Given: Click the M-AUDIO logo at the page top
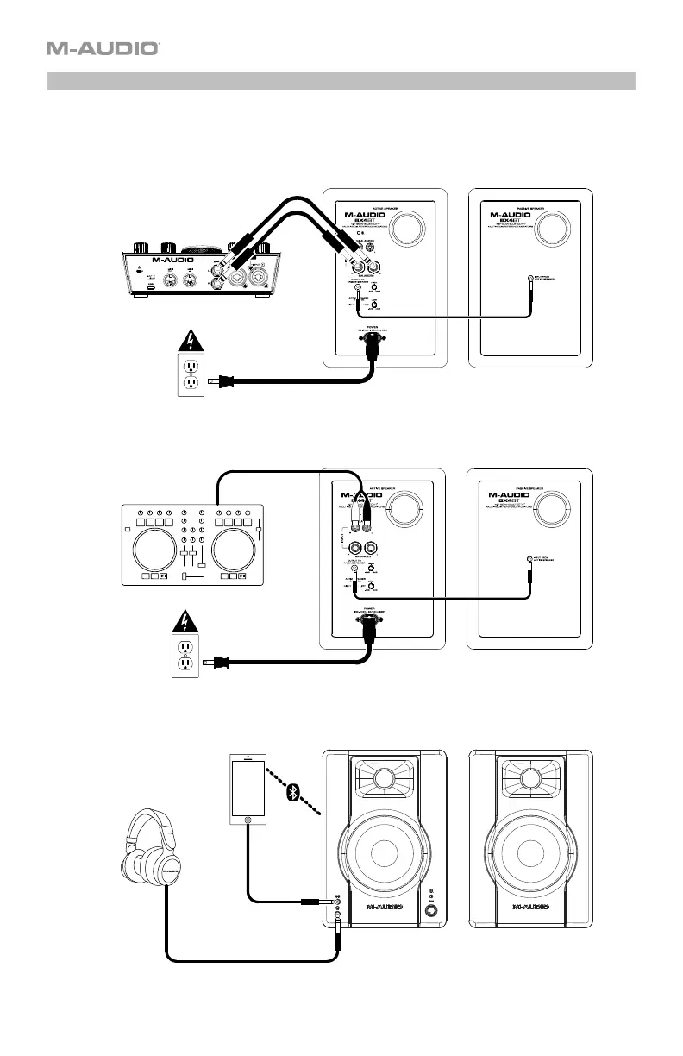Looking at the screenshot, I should pos(103,49).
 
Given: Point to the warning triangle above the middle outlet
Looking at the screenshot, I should pos(183,619).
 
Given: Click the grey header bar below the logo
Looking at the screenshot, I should pos(341,81).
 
